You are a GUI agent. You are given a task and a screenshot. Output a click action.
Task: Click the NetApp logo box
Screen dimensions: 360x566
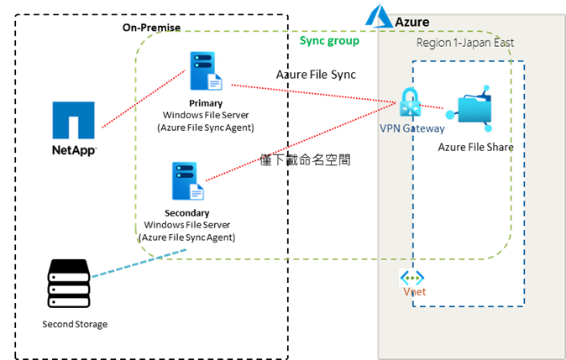click(x=74, y=128)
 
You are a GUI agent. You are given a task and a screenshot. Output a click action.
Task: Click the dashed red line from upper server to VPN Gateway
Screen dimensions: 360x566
click(x=311, y=93)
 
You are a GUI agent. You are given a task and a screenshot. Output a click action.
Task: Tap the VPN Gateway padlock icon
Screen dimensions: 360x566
click(x=410, y=103)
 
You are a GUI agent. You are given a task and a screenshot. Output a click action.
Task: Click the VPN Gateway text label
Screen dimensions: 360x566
click(x=411, y=128)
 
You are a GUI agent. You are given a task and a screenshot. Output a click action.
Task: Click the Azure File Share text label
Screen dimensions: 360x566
click(x=475, y=147)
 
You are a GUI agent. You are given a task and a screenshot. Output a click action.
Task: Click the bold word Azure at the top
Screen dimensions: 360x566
click(x=412, y=21)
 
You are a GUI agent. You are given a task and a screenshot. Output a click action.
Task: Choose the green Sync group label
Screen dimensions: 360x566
click(x=329, y=40)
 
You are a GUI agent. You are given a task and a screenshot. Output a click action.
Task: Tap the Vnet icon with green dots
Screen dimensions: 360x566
click(x=413, y=278)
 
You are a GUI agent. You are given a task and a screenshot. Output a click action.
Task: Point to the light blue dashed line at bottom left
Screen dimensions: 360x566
click(x=139, y=263)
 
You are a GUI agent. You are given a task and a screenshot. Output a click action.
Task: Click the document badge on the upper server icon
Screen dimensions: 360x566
click(x=215, y=82)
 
